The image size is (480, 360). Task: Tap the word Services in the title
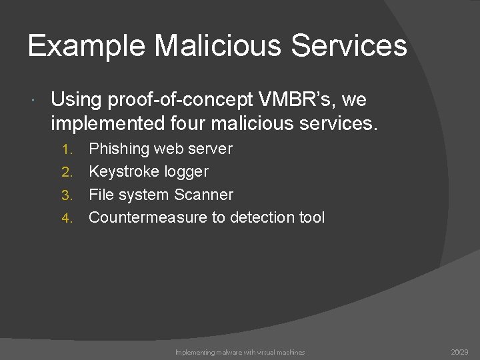tap(351, 47)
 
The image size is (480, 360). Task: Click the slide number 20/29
tap(459, 352)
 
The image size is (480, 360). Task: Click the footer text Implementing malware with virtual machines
tap(240, 352)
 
